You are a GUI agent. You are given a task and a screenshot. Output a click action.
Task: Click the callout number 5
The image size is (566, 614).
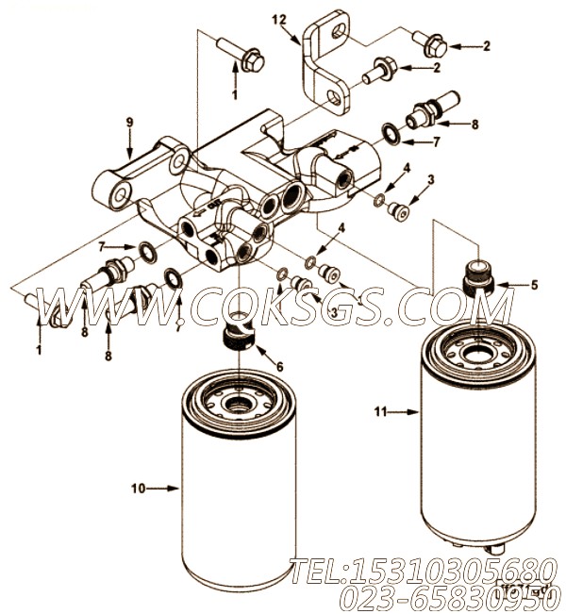(x=534, y=284)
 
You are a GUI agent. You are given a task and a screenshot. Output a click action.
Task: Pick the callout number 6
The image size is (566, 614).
(x=278, y=365)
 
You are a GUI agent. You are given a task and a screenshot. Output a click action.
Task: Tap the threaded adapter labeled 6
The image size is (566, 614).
(x=241, y=340)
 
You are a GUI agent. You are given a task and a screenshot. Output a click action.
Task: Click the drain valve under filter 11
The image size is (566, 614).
(x=494, y=549)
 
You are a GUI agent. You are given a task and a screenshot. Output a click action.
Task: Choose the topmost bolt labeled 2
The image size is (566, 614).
(x=433, y=41)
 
